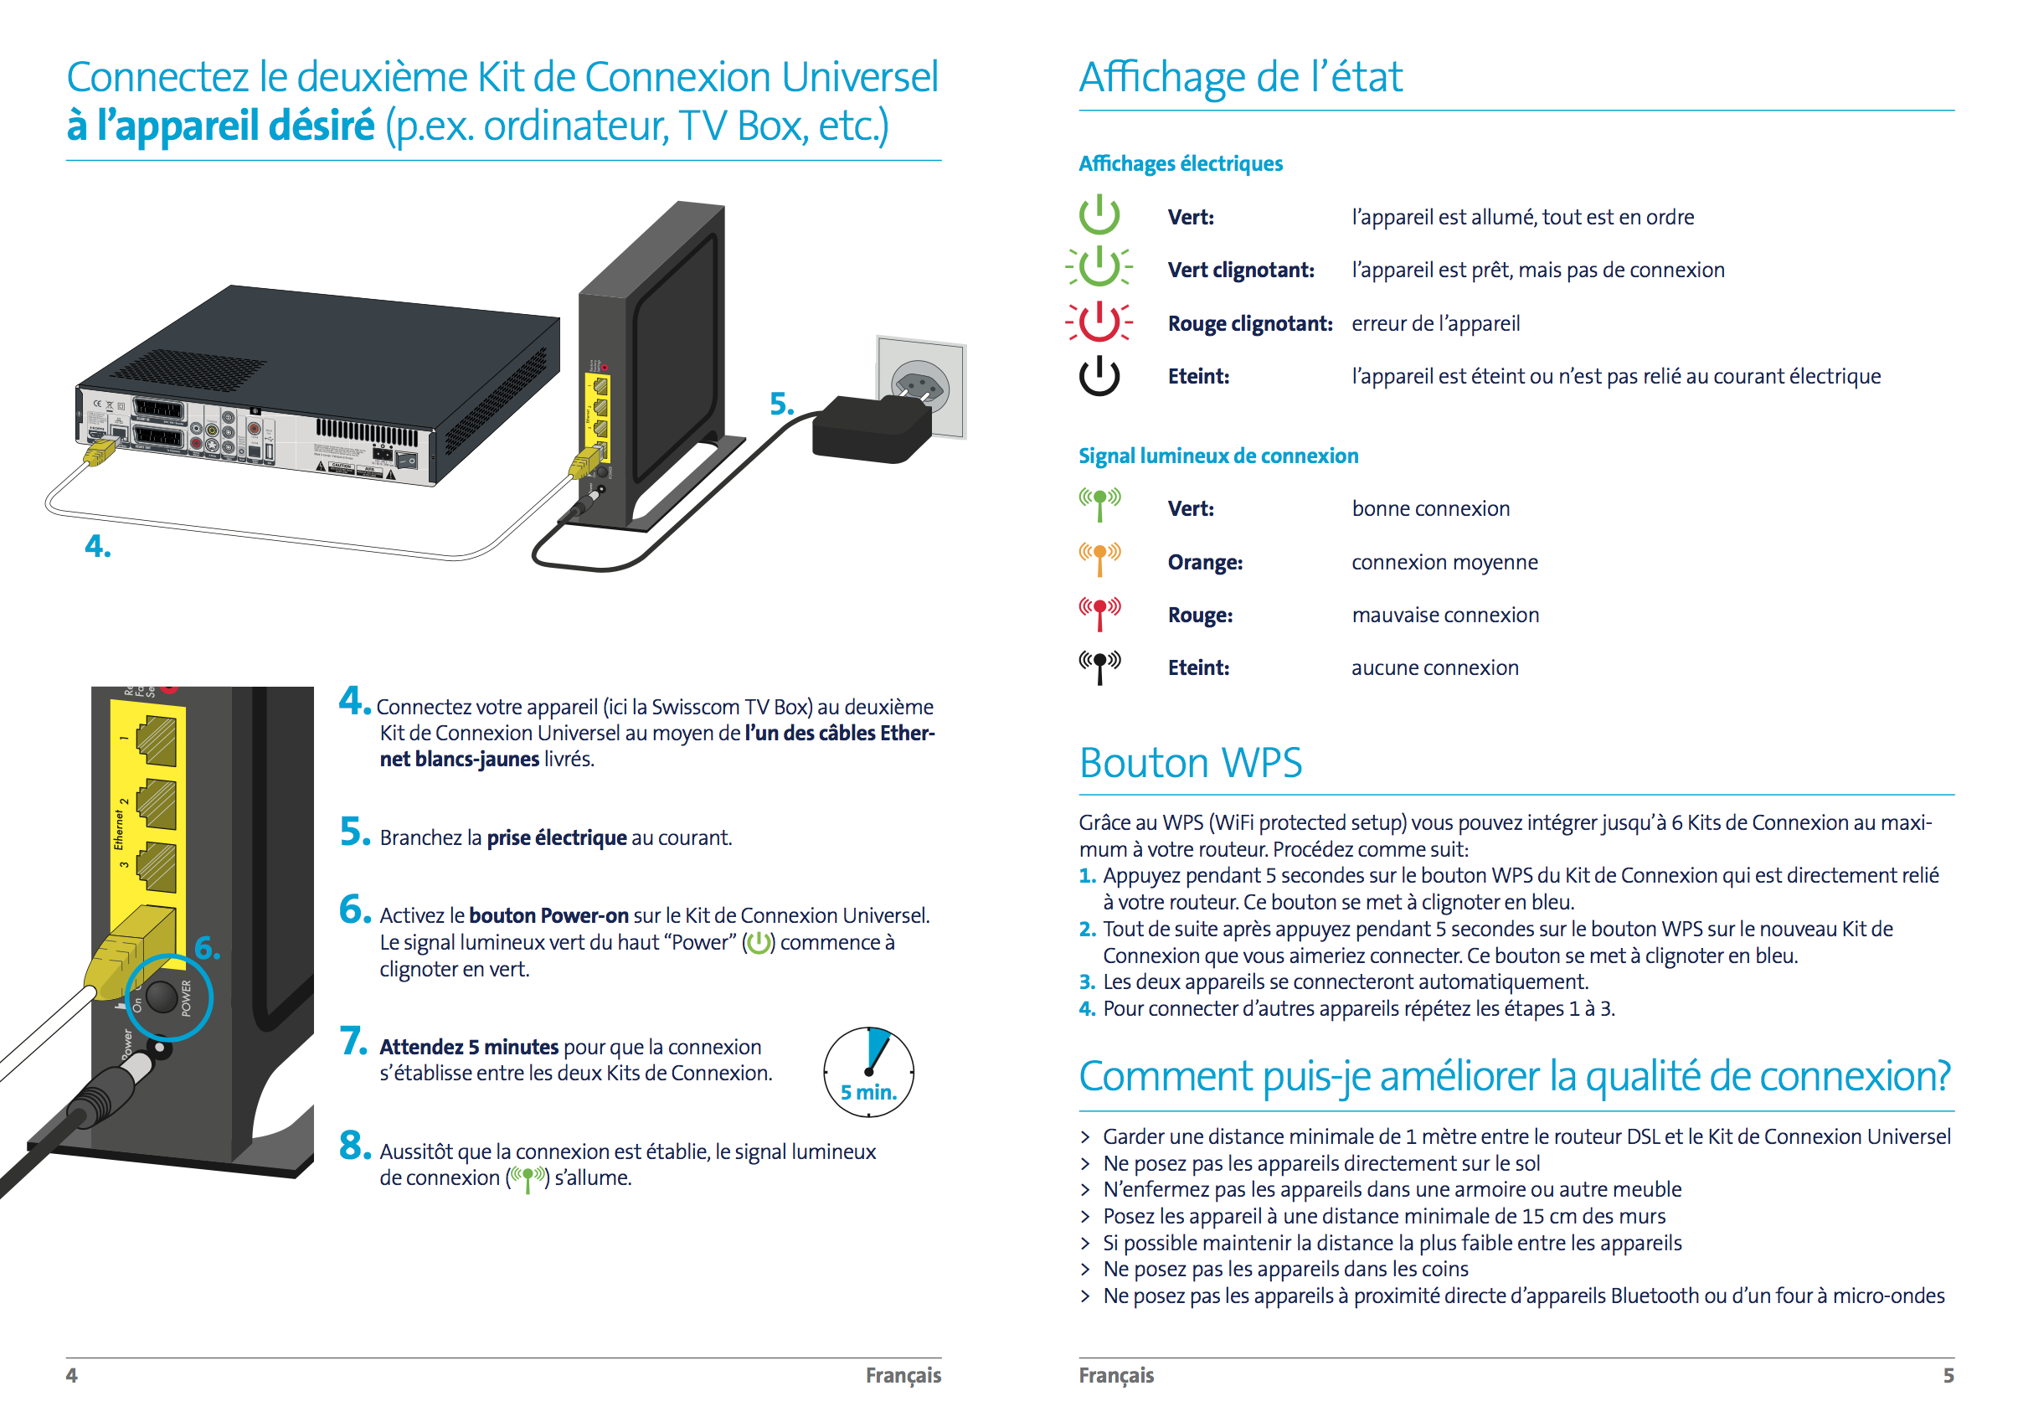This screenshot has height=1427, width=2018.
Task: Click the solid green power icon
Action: coord(1099,215)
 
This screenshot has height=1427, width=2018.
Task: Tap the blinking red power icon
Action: coord(1099,322)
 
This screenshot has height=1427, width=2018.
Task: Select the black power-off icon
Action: coord(1099,376)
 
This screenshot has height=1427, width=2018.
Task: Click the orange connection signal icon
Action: coord(1099,559)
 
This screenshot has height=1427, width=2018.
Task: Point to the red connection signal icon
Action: coord(1099,612)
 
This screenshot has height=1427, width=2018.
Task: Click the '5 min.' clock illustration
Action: coord(868,1072)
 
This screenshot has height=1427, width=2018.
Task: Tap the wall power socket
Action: coord(920,387)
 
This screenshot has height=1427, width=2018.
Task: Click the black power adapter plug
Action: coord(870,430)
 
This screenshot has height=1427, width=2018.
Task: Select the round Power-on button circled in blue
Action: coord(162,997)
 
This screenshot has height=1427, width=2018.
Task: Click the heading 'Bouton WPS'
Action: coord(1190,762)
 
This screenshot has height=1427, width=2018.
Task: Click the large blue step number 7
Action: coord(353,1041)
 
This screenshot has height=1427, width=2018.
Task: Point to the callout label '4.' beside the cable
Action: coord(98,546)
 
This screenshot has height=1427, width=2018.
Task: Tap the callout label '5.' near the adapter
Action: coord(781,404)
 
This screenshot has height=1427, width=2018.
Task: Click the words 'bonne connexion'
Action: coord(1430,508)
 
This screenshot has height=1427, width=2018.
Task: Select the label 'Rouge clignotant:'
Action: coord(1249,323)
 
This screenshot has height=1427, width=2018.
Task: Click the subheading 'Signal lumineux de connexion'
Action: coord(1218,456)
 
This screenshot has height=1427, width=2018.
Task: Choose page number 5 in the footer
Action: coord(1948,1375)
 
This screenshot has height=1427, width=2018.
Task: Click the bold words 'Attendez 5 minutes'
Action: coord(468,1046)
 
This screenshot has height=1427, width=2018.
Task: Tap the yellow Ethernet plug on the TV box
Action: coord(100,453)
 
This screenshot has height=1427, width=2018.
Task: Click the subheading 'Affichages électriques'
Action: coord(1181,163)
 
